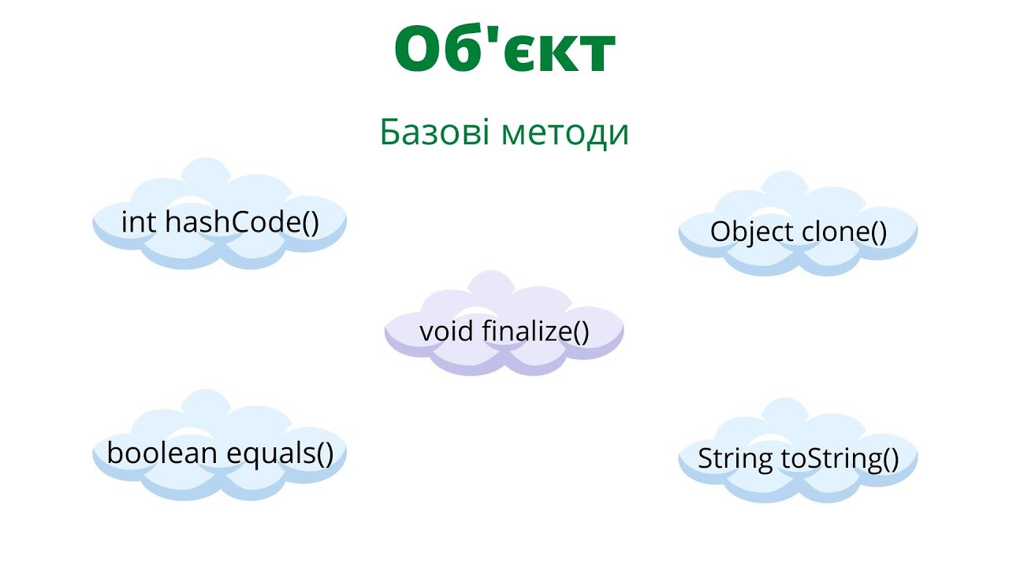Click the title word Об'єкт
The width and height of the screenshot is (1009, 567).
(504, 49)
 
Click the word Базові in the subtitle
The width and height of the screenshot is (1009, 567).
(434, 132)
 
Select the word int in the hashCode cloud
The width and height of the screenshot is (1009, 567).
(139, 222)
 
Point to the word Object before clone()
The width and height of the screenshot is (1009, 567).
(752, 232)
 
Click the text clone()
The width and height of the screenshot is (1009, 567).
(844, 232)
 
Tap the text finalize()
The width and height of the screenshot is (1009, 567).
(535, 331)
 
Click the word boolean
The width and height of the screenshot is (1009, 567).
(163, 453)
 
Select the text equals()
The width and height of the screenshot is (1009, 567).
(280, 454)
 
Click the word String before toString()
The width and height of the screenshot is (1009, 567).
(735, 459)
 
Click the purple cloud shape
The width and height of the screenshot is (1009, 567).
(504, 358)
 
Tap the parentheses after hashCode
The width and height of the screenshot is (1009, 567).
(310, 223)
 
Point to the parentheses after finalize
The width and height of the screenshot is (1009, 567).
(580, 332)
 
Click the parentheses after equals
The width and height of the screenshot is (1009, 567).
(323, 454)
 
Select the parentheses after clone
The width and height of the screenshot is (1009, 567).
(877, 232)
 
